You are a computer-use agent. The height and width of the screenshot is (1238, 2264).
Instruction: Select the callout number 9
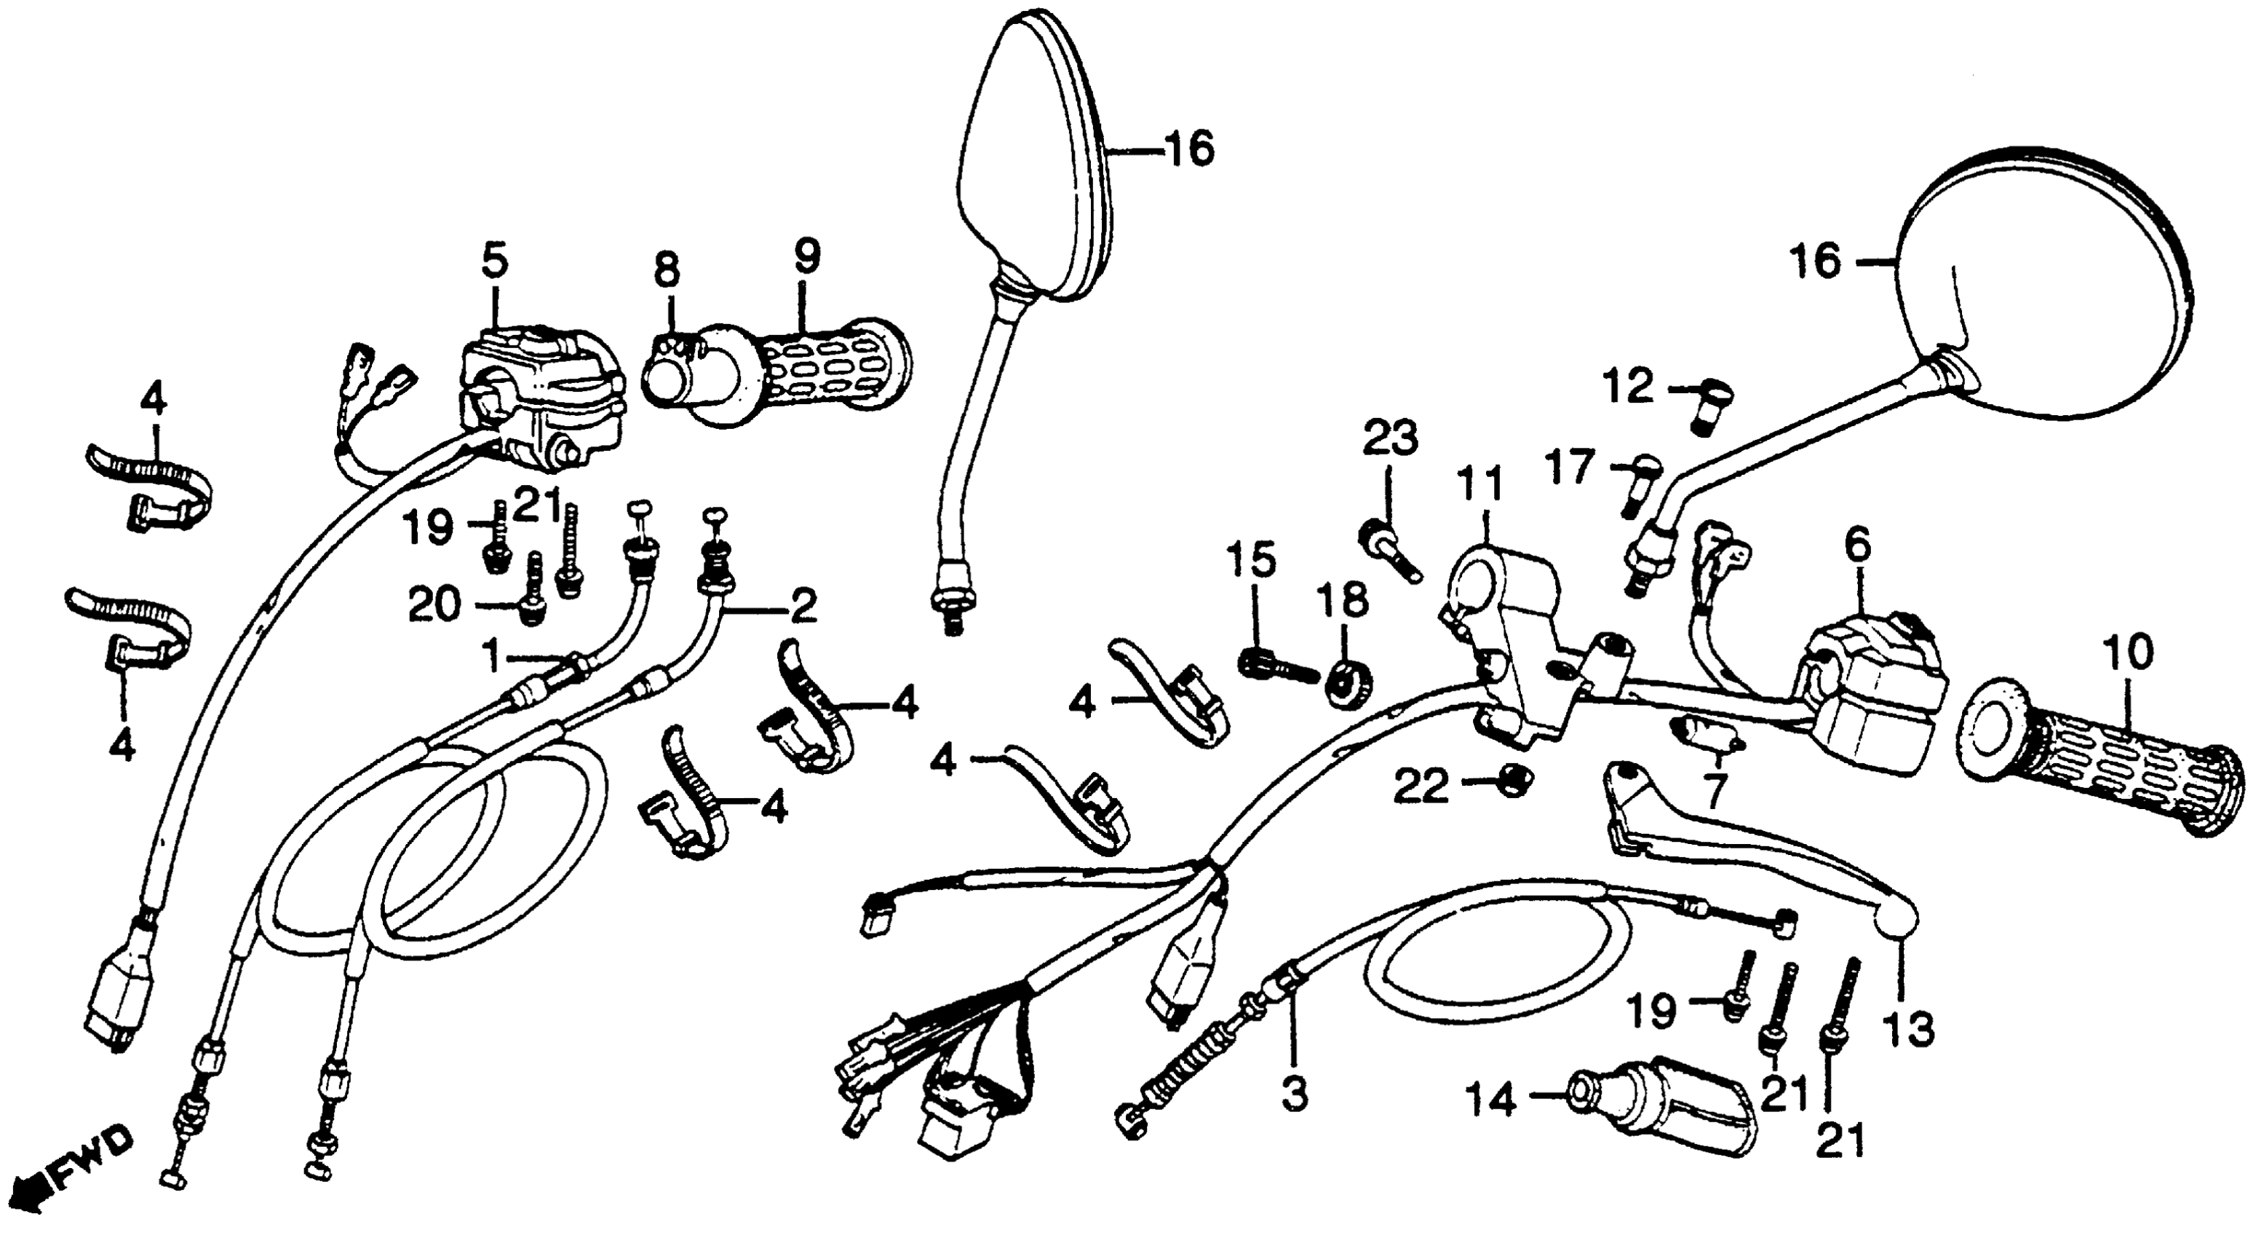(x=805, y=257)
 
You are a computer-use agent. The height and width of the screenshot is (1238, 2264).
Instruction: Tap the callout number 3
(x=1294, y=1095)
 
